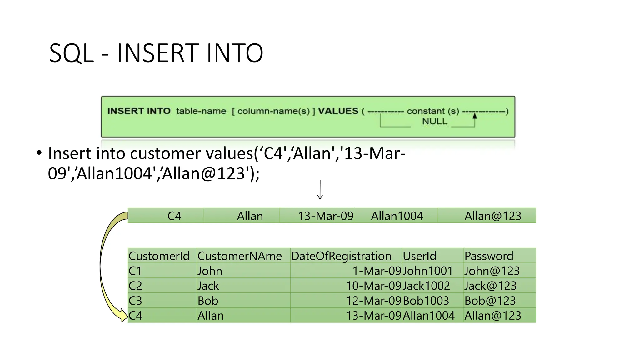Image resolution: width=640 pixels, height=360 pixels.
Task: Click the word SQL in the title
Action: pyautogui.click(x=72, y=53)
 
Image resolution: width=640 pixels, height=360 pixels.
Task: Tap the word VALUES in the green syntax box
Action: pyautogui.click(x=338, y=111)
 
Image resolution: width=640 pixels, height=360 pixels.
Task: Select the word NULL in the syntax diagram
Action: pyautogui.click(x=434, y=121)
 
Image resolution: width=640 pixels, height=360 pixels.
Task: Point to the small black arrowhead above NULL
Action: pyautogui.click(x=475, y=116)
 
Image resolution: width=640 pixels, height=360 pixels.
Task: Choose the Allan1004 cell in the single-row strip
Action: pyautogui.click(x=397, y=216)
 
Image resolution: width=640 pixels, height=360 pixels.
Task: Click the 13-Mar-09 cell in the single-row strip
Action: pyautogui.click(x=325, y=216)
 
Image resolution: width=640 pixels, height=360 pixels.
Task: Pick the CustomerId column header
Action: pyautogui.click(x=159, y=256)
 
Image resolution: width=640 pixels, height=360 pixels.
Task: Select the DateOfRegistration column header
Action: pyautogui.click(x=341, y=256)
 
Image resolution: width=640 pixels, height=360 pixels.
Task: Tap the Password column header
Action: pyautogui.click(x=489, y=256)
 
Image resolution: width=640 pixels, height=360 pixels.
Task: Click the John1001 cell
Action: pyautogui.click(x=428, y=271)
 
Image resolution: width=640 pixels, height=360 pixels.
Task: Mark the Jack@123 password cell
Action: pyautogui.click(x=490, y=286)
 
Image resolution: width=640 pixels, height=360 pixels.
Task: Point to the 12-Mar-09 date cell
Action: pyautogui.click(x=373, y=301)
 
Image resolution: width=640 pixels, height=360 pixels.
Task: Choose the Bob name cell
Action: pyautogui.click(x=208, y=301)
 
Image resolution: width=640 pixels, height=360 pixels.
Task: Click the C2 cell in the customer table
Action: pyautogui.click(x=135, y=286)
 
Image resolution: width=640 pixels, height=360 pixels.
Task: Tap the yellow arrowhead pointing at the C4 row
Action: pyautogui.click(x=123, y=315)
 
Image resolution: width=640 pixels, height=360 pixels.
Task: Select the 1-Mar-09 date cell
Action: pyautogui.click(x=377, y=271)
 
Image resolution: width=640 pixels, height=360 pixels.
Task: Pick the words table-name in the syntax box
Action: pyautogui.click(x=201, y=111)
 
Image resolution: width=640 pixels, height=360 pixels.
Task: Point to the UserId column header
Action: pyautogui.click(x=419, y=256)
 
